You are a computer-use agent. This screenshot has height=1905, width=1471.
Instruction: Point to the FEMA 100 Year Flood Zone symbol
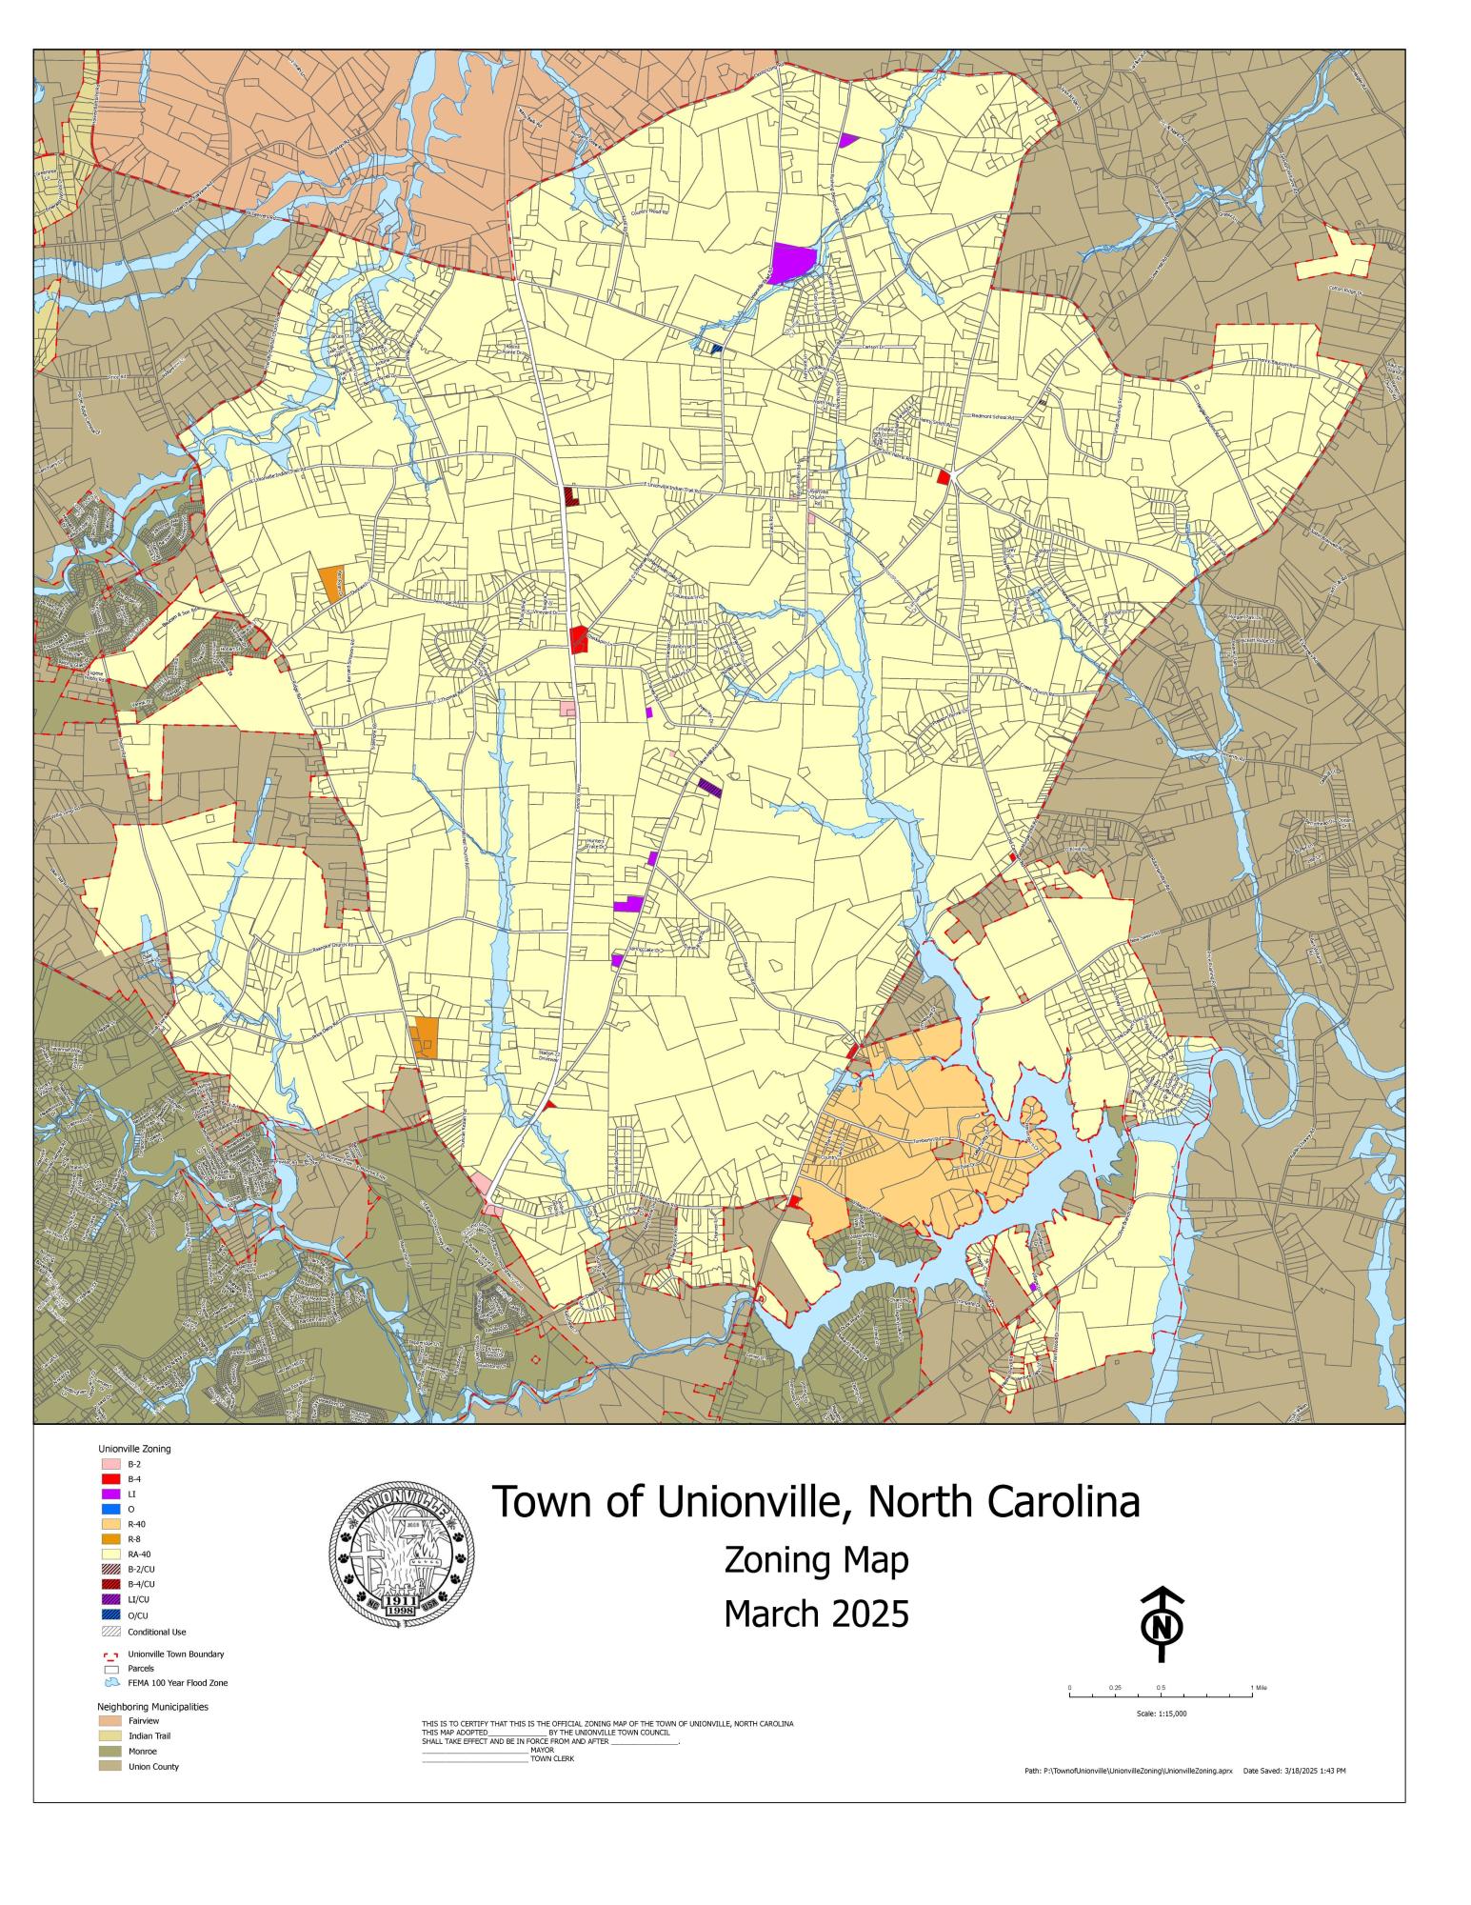point(109,1683)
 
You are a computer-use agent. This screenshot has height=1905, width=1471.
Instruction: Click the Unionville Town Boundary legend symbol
point(109,1654)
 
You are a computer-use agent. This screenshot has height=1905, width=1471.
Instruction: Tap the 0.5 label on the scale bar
point(1161,1688)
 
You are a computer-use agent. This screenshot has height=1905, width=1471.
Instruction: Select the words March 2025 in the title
point(816,1614)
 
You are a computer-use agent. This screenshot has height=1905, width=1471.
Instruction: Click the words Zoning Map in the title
point(816,1561)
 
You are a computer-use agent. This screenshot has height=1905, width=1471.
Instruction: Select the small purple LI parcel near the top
point(847,140)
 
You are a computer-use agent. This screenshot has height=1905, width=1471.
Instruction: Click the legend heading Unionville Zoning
point(134,1449)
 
